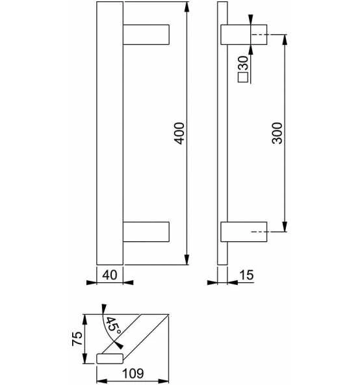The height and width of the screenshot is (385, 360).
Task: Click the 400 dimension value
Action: pyautogui.click(x=179, y=133)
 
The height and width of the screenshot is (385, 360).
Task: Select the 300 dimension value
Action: pyautogui.click(x=277, y=133)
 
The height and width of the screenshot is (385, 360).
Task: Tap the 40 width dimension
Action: pyautogui.click(x=109, y=275)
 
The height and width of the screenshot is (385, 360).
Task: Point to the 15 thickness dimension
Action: pyautogui.click(x=246, y=275)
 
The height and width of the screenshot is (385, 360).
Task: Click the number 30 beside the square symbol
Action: pyautogui.click(x=244, y=63)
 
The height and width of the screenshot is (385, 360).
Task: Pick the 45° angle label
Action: pyautogui.click(x=113, y=326)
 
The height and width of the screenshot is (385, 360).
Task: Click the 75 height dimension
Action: pyautogui.click(x=77, y=339)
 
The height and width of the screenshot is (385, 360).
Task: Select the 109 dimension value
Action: pyautogui.click(x=133, y=373)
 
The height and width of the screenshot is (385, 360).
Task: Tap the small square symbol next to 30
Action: pyautogui.click(x=243, y=77)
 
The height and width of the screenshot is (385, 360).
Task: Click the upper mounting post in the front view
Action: pyautogui.click(x=146, y=34)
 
